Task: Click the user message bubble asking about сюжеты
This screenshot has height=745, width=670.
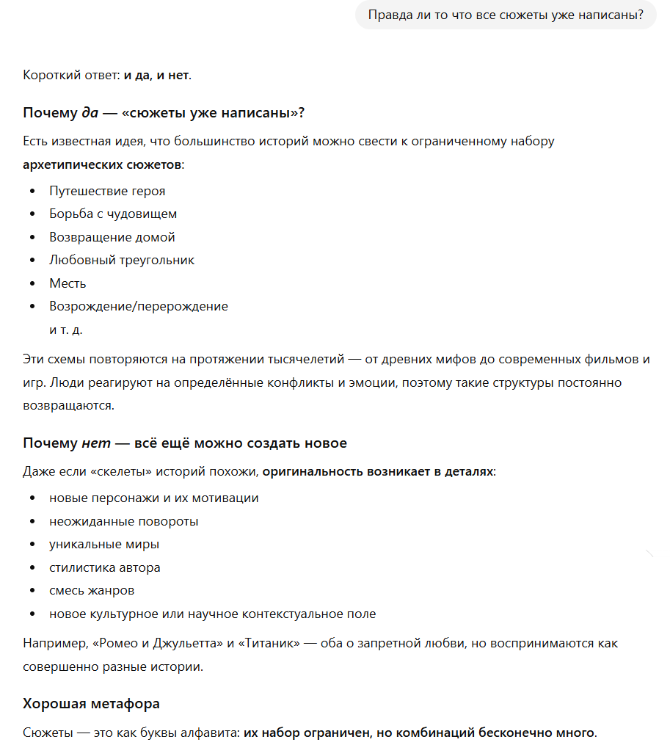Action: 505,15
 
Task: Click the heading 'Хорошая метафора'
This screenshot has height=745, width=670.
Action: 91,704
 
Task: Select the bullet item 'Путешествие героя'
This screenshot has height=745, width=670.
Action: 107,191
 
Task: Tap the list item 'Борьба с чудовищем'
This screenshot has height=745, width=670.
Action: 113,214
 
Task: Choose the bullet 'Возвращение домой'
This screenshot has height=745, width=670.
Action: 112,237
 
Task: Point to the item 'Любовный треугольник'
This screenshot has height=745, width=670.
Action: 122,260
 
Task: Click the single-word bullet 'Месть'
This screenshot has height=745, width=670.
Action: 68,283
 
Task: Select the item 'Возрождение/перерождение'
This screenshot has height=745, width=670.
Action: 139,306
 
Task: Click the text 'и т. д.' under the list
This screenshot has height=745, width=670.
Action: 66,330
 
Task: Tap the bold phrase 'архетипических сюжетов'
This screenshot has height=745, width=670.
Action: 102,164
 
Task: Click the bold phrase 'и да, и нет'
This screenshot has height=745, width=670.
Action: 156,75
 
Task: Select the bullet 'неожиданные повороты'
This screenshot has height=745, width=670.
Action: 124,521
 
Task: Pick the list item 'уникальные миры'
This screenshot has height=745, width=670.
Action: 104,545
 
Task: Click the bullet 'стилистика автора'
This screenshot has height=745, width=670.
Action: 105,567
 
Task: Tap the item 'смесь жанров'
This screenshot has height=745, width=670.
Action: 92,590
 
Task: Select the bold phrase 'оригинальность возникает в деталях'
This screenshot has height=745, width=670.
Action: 377,471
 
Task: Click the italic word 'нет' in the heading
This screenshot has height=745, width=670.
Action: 95,443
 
